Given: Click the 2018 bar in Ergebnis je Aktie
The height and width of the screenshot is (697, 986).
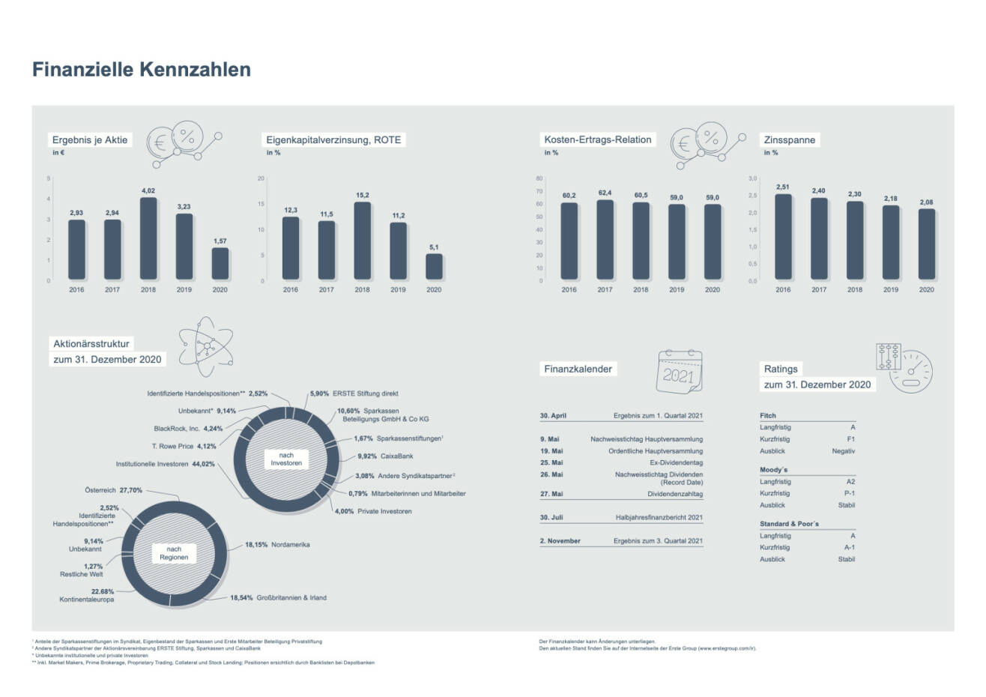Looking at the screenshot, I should click(x=148, y=239).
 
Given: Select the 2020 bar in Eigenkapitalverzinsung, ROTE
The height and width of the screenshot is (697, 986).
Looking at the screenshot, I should click(x=434, y=267).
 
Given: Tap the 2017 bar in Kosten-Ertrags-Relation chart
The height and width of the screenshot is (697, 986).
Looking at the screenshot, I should click(x=605, y=240).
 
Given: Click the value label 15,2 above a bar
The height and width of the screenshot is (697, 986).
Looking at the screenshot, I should click(x=363, y=195).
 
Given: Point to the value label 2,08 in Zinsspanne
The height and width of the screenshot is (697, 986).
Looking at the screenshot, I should click(x=927, y=202).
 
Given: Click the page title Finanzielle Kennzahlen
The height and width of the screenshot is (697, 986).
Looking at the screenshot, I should click(x=141, y=70).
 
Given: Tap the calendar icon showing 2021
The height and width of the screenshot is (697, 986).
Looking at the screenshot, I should click(x=678, y=372).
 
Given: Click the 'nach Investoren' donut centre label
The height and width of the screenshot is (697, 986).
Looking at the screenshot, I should click(x=286, y=459).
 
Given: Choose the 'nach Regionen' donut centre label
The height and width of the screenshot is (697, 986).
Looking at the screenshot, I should click(x=174, y=553).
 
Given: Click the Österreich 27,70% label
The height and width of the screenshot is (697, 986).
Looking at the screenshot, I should click(x=113, y=490).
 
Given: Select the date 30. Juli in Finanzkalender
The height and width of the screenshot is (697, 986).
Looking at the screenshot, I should click(x=551, y=517).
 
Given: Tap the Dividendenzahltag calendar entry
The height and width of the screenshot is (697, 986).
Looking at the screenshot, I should click(x=675, y=494).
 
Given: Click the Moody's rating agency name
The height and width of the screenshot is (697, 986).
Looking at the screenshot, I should click(x=773, y=469).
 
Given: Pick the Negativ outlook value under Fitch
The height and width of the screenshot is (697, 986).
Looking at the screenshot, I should click(x=843, y=451).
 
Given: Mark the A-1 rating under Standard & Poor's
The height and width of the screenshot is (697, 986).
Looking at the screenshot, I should click(x=849, y=547).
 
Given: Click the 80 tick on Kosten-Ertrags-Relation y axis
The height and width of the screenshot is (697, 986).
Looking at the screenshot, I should click(x=539, y=178).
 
